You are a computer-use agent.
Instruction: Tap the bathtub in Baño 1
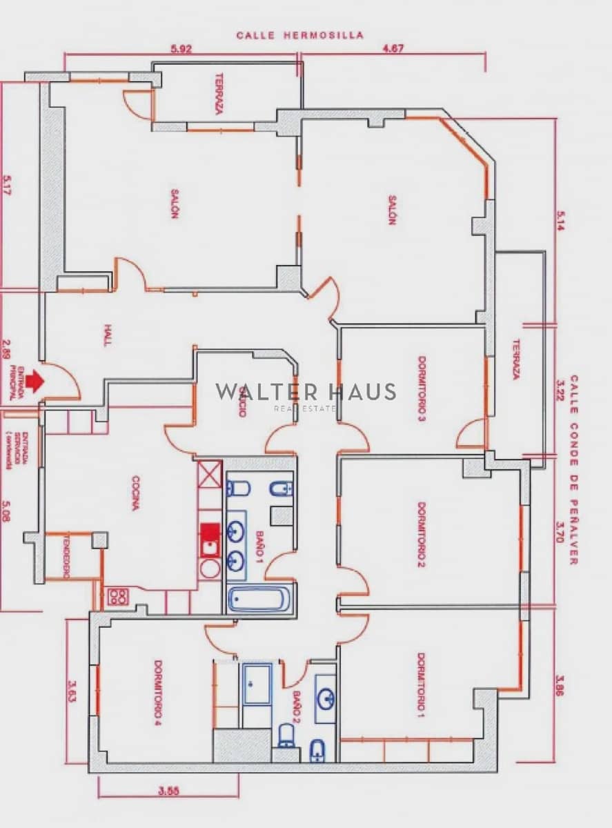coord(259,598)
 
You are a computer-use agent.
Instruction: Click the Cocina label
coord(136,493)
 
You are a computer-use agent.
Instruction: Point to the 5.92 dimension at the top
coord(180,49)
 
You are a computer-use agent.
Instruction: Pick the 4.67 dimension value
coord(393,49)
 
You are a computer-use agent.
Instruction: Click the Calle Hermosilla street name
coord(300,34)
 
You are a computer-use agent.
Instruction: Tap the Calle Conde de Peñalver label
coord(573,470)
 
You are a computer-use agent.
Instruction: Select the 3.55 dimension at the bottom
coord(168,791)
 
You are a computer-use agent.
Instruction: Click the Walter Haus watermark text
coord(306,393)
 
